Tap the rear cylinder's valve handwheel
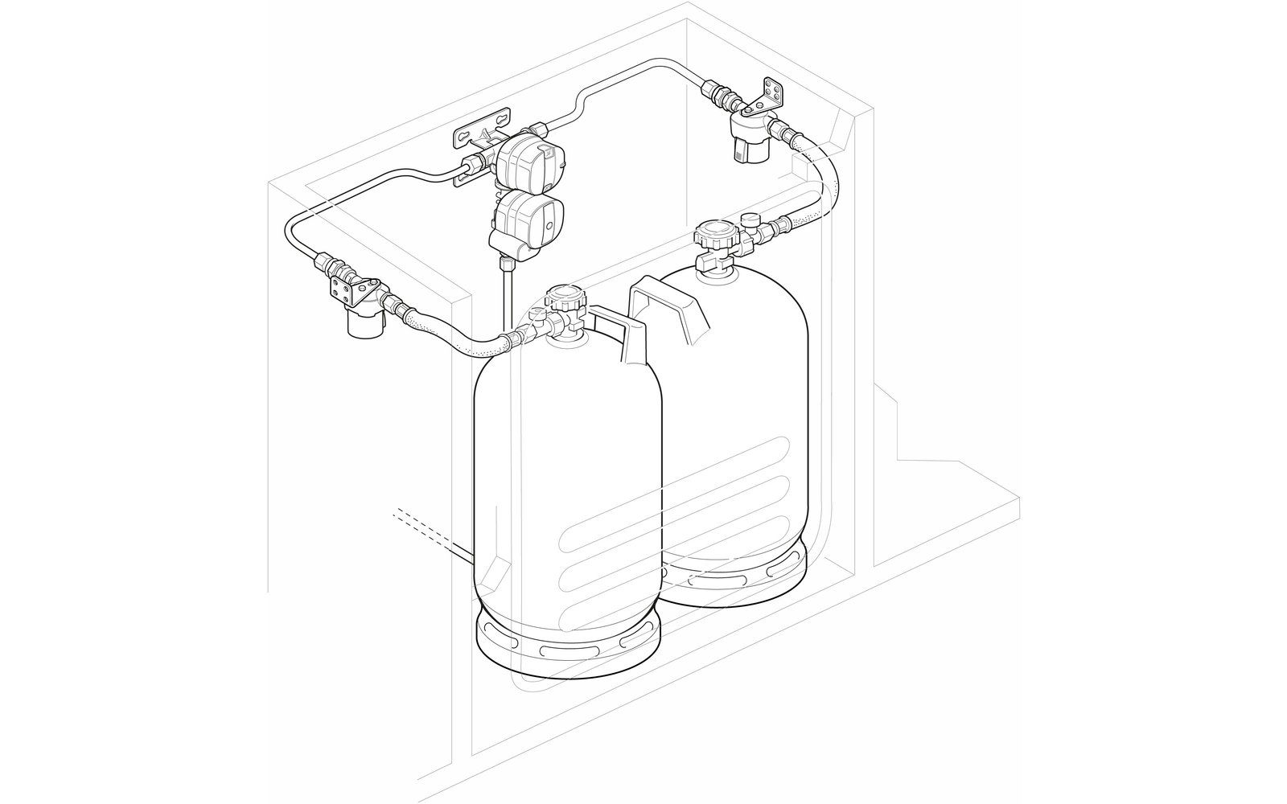[715, 236]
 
